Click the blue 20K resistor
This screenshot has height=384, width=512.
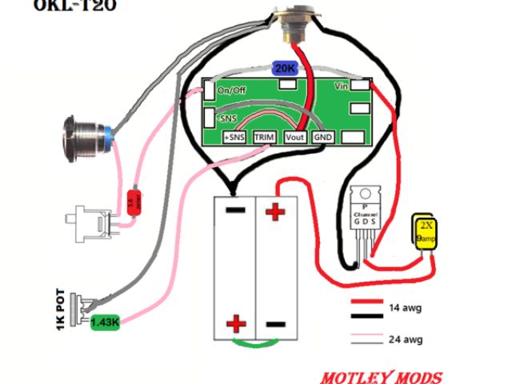point(285,69)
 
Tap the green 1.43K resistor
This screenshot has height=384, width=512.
point(104,322)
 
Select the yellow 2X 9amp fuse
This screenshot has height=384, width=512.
point(424,231)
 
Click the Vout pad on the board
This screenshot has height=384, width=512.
point(295,138)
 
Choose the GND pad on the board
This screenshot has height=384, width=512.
point(323,138)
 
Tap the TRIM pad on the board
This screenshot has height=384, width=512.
point(265,138)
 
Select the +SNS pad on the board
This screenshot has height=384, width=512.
point(234,138)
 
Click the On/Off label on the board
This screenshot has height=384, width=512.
point(233,90)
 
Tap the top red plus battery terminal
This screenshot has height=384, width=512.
point(274,213)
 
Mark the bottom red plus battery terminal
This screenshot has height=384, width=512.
point(236,324)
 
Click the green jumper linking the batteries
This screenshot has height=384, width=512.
point(255,343)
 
